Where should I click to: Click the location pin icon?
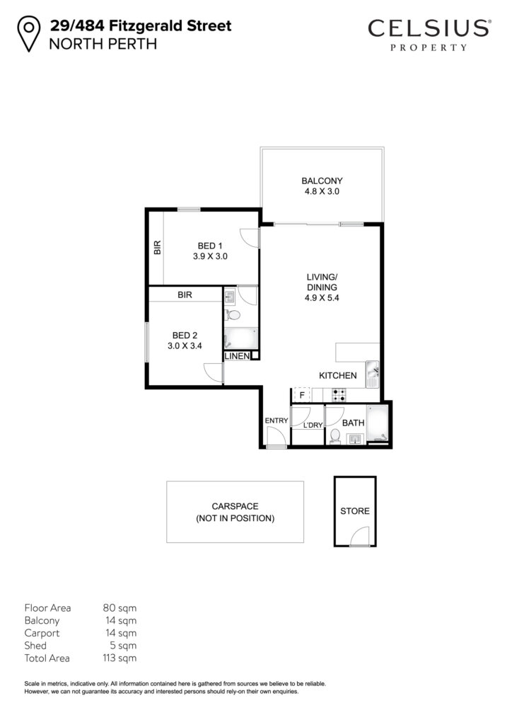28,33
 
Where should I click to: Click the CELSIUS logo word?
429,28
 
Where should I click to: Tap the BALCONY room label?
322,181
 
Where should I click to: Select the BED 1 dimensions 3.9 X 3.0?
210,256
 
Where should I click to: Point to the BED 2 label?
185,335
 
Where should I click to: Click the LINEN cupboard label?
237,356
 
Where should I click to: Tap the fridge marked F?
302,395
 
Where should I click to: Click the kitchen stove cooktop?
339,395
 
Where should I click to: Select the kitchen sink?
373,375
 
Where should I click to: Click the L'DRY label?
313,425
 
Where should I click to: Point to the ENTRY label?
276,421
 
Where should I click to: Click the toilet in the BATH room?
336,436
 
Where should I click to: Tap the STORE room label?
354,511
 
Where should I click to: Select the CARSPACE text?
235,506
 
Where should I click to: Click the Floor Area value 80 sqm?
120,607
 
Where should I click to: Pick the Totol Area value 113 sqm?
120,658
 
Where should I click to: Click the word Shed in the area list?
35,645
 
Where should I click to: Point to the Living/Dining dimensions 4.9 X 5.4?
322,298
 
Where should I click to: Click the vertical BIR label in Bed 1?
158,247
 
